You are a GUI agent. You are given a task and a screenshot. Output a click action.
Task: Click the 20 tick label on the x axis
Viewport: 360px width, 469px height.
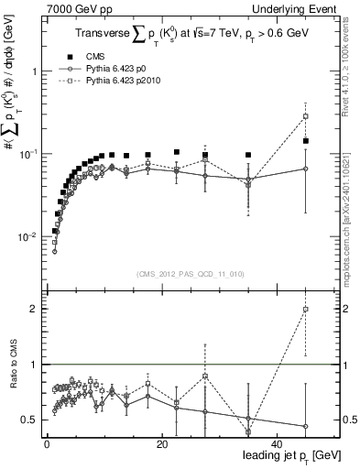160,443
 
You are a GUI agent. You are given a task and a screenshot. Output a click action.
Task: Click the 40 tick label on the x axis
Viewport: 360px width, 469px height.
275,443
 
